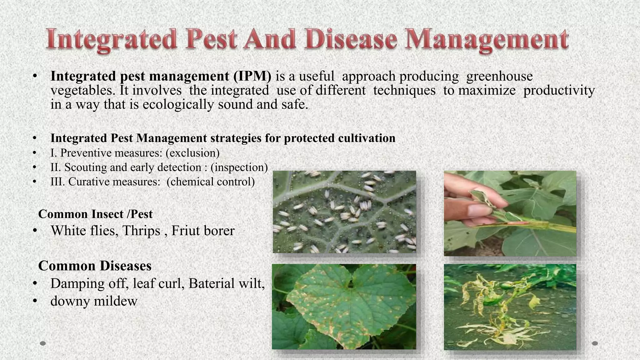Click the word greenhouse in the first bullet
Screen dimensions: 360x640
pyautogui.click(x=499, y=76)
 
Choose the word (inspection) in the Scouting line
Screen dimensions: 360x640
pyautogui.click(x=239, y=167)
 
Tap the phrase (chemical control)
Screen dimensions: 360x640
pyautogui.click(x=211, y=182)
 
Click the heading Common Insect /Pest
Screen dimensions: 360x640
pyautogui.click(x=95, y=214)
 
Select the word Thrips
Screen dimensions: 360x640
pyautogui.click(x=141, y=231)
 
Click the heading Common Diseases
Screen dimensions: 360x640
pyautogui.click(x=95, y=266)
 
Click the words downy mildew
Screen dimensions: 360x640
pyautogui.click(x=94, y=301)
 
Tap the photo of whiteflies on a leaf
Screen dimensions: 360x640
pyautogui.click(x=344, y=212)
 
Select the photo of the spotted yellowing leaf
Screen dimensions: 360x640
pyautogui.click(x=344, y=307)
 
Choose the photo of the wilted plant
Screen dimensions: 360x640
pyautogui.click(x=510, y=307)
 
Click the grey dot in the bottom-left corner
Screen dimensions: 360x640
pyautogui.click(x=43, y=343)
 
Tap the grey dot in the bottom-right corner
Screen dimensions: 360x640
pyautogui.click(x=595, y=343)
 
